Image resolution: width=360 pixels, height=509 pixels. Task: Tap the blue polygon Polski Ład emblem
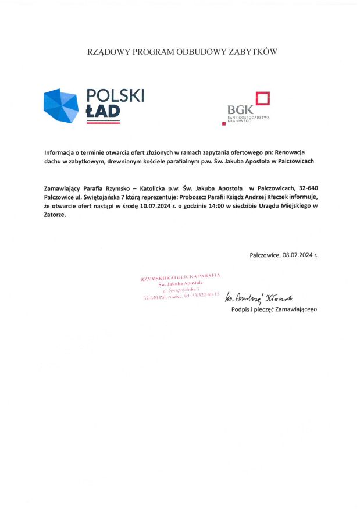[x=61, y=105]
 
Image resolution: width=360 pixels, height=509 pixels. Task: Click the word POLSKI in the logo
[x=115, y=96]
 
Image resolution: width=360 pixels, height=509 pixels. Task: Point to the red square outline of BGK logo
[x=263, y=98]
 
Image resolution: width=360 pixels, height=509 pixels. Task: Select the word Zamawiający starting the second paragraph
[x=64, y=188]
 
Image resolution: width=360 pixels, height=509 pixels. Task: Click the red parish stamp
[x=181, y=287]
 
